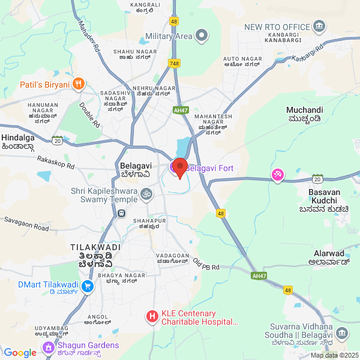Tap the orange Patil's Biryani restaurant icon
(77, 85)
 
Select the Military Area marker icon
(202, 36)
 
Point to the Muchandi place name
(305, 110)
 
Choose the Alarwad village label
(329, 254)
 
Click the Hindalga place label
(17, 137)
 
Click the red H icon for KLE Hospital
(152, 316)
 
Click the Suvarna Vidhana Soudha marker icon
(341, 334)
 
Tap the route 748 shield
(175, 63)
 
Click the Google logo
(20, 353)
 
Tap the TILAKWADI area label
(95, 247)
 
